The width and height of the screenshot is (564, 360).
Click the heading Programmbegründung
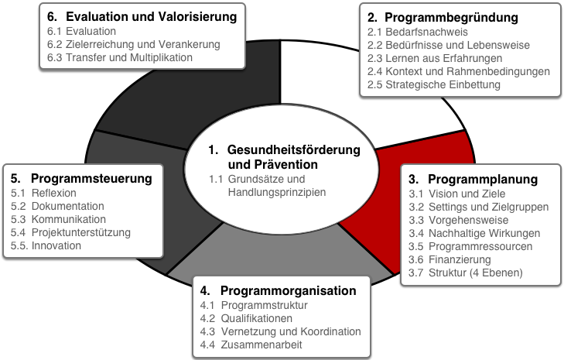click(x=451, y=17)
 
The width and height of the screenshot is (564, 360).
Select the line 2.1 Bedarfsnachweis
click(x=418, y=32)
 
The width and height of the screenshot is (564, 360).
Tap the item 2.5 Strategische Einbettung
click(x=434, y=84)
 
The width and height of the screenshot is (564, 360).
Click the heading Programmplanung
click(x=483, y=179)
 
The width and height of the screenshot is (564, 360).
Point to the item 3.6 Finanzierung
click(x=449, y=259)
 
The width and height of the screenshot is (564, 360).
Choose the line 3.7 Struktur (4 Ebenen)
click(x=466, y=273)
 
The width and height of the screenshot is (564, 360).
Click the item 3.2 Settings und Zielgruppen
click(x=479, y=207)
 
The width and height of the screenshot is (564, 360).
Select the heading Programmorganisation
click(x=288, y=290)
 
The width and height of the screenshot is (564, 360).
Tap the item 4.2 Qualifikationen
click(x=246, y=319)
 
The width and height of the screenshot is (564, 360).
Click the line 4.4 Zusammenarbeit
click(x=251, y=345)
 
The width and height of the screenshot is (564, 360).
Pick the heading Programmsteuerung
click(x=91, y=178)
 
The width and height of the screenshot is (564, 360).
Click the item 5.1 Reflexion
click(x=43, y=193)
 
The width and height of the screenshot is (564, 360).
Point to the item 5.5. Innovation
click(x=46, y=245)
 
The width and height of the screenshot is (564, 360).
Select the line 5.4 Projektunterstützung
click(x=70, y=232)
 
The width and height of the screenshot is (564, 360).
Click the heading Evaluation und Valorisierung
click(x=152, y=16)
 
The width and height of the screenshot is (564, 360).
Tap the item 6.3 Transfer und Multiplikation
click(x=120, y=57)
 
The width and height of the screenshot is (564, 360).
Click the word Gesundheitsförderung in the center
click(x=294, y=149)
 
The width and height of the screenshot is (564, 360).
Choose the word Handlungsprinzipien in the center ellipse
click(x=277, y=192)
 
